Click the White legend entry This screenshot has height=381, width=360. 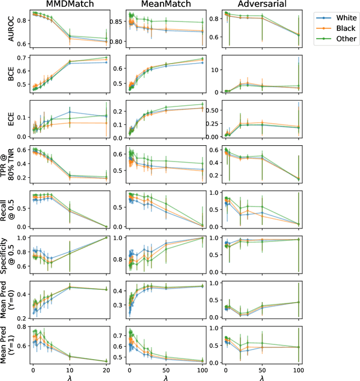click(340, 17)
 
